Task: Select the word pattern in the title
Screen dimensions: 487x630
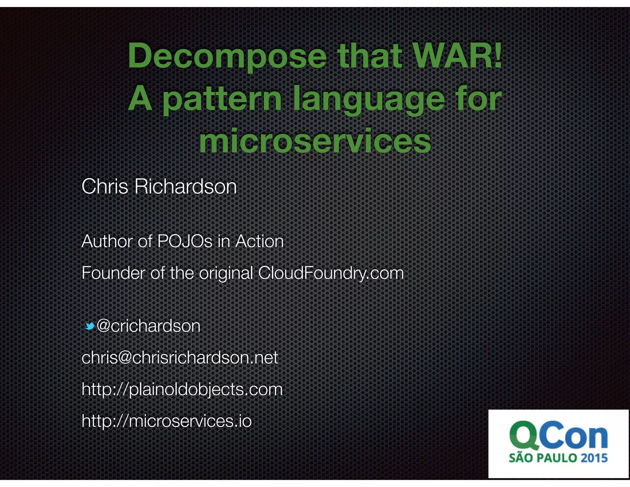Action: coord(222,99)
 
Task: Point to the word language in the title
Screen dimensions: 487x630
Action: coord(369,99)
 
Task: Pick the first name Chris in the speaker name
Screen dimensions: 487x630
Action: coord(105,187)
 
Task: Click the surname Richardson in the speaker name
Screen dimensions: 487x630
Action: coord(185,187)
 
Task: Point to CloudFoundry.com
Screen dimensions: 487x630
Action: coord(331,273)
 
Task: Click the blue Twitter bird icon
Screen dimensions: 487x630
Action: coord(90,326)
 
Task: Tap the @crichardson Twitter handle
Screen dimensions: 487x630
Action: coord(148,326)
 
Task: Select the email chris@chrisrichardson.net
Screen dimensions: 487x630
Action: coord(180,358)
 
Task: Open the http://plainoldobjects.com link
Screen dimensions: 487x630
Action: coord(182,389)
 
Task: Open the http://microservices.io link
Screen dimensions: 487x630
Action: coord(166,421)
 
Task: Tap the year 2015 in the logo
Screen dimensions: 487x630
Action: coord(594,458)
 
